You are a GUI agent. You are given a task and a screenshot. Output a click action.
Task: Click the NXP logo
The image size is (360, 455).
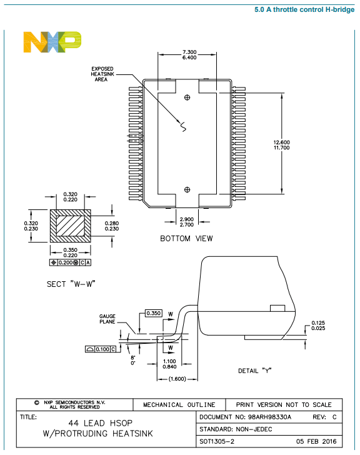52,42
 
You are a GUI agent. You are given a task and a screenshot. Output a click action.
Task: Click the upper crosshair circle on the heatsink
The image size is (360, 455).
187,98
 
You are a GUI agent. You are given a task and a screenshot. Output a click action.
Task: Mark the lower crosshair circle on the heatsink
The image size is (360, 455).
187,189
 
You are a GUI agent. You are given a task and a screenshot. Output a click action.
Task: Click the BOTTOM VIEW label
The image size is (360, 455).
186,238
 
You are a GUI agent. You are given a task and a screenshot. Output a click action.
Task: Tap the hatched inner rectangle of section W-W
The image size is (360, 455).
70,225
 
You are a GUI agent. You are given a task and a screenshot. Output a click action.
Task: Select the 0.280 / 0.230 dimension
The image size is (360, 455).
112,226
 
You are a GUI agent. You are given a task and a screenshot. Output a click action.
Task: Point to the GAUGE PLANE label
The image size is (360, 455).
107,319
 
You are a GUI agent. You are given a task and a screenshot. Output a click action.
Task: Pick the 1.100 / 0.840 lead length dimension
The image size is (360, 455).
169,364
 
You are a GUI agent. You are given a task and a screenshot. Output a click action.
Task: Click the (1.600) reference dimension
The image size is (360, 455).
177,378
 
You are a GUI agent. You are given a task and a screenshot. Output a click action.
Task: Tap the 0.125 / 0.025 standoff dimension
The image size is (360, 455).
318,326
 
